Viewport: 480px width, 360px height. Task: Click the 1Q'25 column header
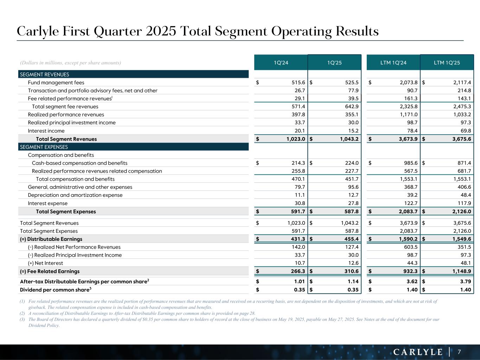(334, 63)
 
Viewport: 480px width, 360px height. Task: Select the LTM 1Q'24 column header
(393, 63)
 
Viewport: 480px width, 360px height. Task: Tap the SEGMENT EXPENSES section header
(44, 147)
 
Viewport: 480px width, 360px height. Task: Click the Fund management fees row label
(56, 83)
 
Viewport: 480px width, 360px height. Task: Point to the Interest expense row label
(47, 203)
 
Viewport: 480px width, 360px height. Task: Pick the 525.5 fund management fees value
(352, 83)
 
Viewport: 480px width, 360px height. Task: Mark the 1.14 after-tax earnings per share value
(353, 282)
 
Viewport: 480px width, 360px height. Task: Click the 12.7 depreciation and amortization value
(353, 195)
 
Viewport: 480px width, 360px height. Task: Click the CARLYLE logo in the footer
(418, 352)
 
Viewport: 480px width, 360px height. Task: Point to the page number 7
(459, 352)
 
